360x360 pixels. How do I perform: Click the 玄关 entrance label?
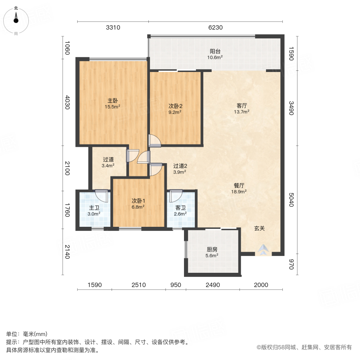260,228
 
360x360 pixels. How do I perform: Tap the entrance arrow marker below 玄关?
262,250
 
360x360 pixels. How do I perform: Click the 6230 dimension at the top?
215,28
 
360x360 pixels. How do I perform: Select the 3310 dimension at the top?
113,28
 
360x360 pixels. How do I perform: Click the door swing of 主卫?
103,196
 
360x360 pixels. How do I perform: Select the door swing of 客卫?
175,196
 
